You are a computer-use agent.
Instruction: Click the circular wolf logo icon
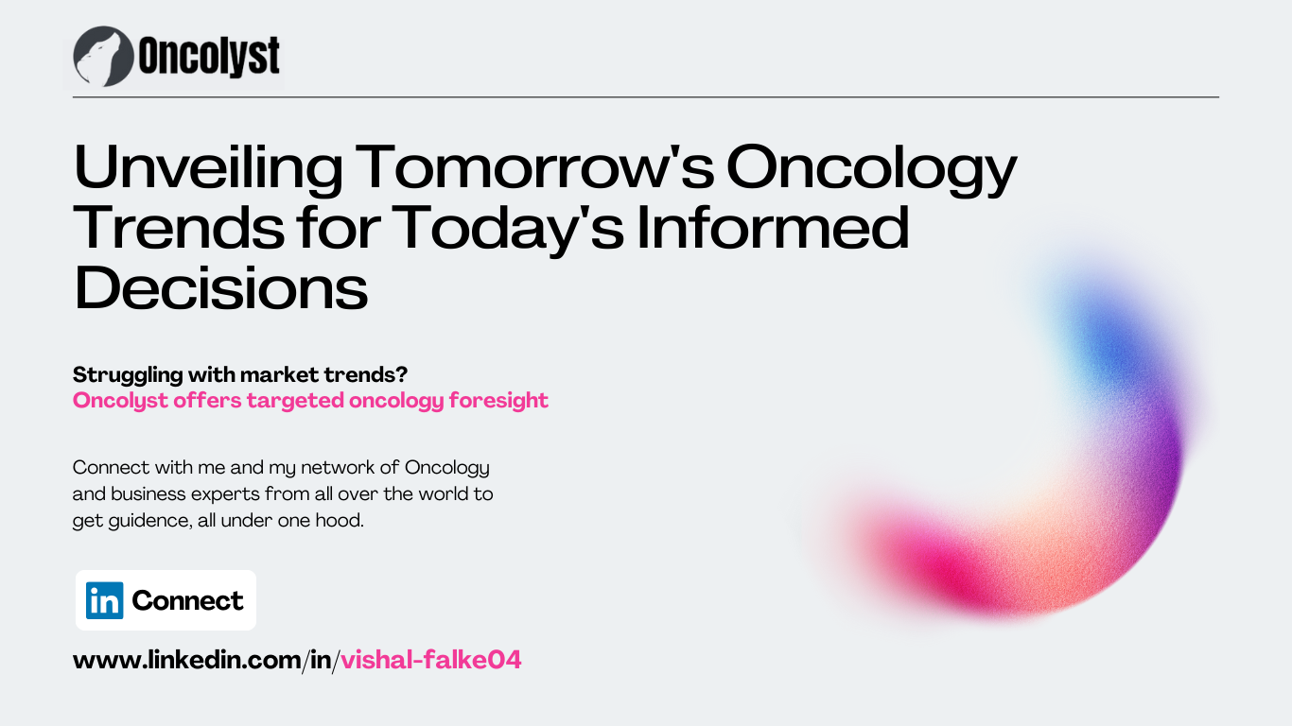[x=104, y=57]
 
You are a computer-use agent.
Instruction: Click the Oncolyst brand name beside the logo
[x=209, y=56]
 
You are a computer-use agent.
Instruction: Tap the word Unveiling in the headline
[x=208, y=168]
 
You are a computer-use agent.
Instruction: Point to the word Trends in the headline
[x=179, y=228]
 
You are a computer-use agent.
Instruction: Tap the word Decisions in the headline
[x=221, y=287]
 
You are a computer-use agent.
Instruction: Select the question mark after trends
[x=402, y=375]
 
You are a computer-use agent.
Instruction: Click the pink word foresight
[x=498, y=401]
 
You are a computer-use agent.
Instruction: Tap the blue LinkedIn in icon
[x=104, y=600]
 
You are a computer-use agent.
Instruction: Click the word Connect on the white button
[x=187, y=601]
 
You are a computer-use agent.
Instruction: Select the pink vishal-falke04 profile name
[x=431, y=660]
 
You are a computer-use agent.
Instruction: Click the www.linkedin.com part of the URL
[x=187, y=660]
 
